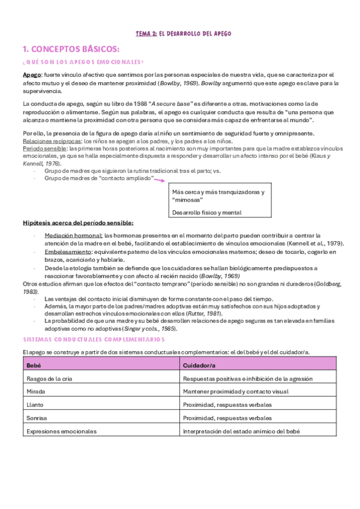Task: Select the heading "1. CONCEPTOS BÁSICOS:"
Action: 70,49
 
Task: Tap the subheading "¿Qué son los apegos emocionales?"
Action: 82,62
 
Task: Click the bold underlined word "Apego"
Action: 32,73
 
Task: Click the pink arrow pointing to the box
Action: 160,178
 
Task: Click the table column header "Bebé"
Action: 34,365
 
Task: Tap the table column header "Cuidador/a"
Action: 200,365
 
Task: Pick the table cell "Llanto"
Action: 35,405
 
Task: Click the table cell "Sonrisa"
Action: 37,418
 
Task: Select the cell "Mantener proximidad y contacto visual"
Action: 236,391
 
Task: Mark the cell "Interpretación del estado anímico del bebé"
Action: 241,431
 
